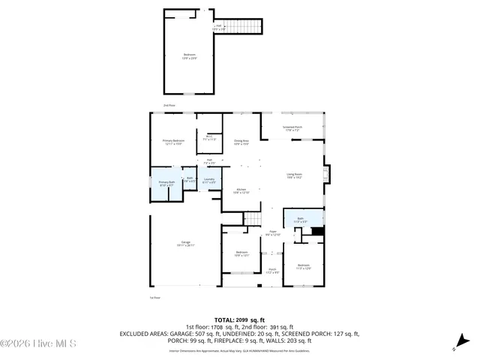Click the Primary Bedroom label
(173, 142)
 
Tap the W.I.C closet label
(209, 138)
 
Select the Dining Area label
(241, 142)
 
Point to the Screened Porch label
(292, 128)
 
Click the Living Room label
(293, 176)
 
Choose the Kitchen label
(241, 190)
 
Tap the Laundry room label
(209, 180)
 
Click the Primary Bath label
(166, 184)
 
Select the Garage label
(185, 244)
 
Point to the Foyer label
(273, 233)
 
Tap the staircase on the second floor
(244, 28)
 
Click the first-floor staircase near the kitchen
(254, 218)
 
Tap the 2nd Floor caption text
(169, 106)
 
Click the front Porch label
(273, 271)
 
